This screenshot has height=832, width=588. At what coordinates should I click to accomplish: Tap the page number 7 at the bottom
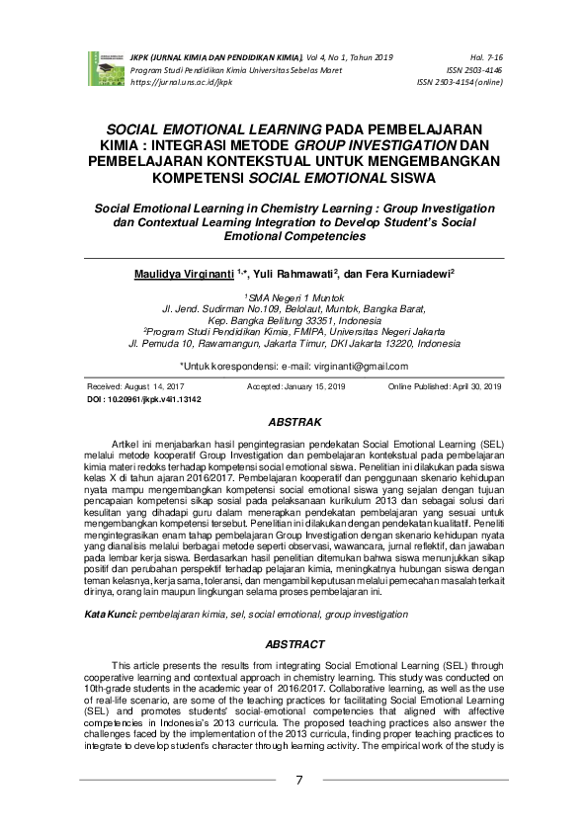coord(299,781)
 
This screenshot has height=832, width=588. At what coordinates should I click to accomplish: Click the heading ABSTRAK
coord(295,422)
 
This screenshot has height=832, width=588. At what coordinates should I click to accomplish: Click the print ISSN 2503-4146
coord(474,72)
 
